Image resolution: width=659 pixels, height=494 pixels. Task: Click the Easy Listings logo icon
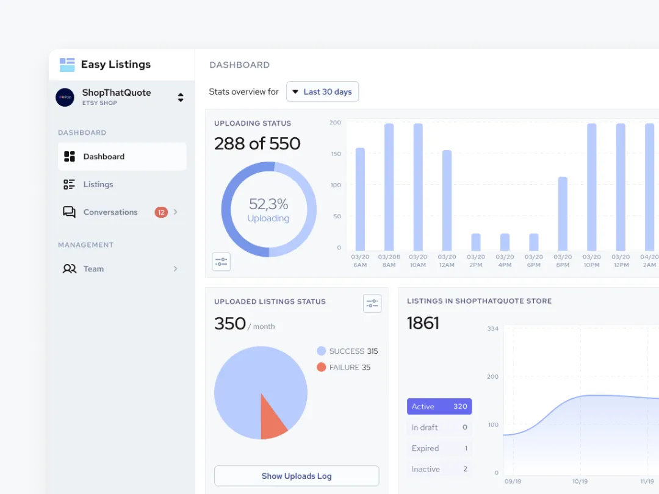(x=67, y=65)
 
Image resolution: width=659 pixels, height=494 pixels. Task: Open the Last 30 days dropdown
(x=322, y=91)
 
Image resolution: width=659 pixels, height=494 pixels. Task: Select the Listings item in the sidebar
(x=98, y=184)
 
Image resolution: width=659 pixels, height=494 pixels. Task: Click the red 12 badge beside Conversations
(x=161, y=212)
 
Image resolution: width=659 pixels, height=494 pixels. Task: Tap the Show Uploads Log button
(x=297, y=476)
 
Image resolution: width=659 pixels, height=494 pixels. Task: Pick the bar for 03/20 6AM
(x=360, y=199)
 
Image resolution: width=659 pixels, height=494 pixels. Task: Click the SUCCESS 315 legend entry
(x=347, y=351)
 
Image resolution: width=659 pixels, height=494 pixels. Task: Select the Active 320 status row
(x=439, y=407)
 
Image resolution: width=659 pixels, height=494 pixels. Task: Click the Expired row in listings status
(x=439, y=448)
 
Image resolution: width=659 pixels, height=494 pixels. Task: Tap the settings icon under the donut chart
(x=221, y=262)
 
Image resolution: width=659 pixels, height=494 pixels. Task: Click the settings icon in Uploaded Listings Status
(x=372, y=304)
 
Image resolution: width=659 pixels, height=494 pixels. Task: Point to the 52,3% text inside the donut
(x=268, y=204)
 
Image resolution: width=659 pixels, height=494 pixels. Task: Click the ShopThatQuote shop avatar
(x=65, y=97)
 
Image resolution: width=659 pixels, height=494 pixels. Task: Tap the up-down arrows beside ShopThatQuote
(x=181, y=97)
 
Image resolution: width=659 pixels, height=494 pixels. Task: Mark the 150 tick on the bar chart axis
(x=335, y=154)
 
